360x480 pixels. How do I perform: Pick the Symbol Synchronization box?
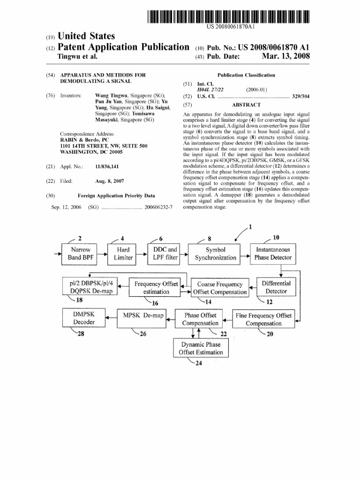click(216, 254)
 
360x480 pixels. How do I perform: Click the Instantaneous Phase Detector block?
click(273, 254)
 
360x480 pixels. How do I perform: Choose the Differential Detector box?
click(276, 287)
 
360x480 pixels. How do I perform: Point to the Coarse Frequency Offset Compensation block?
click(220, 288)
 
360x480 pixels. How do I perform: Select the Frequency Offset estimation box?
click(156, 287)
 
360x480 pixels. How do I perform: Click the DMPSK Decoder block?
click(83, 318)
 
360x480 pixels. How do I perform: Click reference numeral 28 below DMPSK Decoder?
click(81, 334)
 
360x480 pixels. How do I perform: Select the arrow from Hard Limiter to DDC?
click(141, 254)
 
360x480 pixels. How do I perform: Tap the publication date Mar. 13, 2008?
click(286, 57)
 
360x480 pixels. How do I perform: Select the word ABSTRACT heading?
click(246, 105)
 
